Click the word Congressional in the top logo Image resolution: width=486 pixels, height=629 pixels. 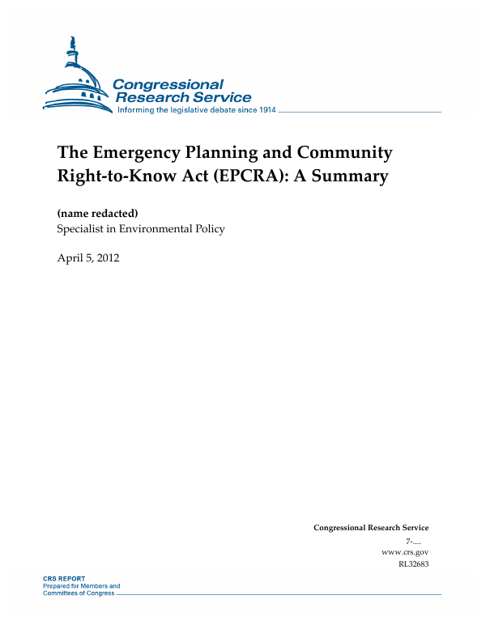pos(168,84)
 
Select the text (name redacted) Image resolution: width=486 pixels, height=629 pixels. pos(97,212)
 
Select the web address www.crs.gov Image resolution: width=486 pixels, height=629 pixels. pos(404,551)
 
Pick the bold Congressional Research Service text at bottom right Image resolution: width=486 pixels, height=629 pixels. pos(371,528)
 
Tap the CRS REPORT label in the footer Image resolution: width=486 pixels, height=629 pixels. pos(65,579)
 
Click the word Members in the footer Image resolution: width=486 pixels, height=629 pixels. pos(93,585)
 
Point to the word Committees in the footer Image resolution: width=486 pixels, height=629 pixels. pos(66,593)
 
